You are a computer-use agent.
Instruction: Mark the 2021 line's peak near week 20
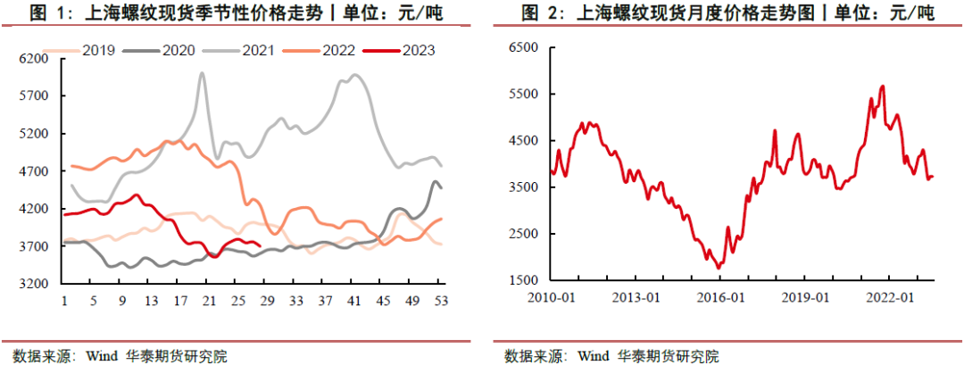click(202, 73)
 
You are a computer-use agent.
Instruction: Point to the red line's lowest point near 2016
click(719, 267)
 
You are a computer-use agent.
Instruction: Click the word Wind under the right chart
click(593, 355)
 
